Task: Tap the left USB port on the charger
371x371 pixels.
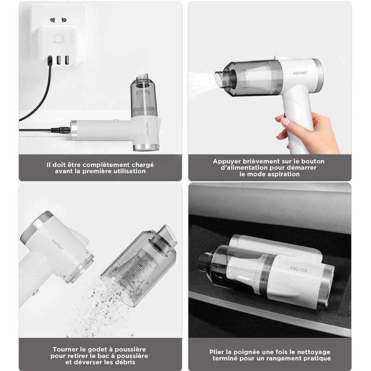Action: pos(59,60)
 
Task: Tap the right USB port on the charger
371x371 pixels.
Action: pos(67,60)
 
